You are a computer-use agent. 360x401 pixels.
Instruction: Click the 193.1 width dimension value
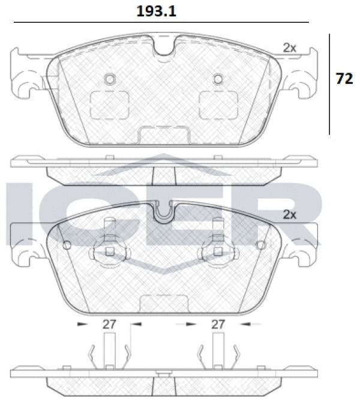[156, 11]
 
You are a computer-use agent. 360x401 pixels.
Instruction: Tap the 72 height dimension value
[344, 79]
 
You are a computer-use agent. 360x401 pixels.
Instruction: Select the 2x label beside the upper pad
[289, 48]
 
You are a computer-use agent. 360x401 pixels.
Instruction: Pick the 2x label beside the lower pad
[289, 215]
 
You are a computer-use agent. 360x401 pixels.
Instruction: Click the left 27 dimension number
[109, 324]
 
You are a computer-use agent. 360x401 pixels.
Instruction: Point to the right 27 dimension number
[218, 324]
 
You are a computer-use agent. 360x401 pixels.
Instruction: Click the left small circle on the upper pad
[110, 79]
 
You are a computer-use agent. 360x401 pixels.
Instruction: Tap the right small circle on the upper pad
[218, 79]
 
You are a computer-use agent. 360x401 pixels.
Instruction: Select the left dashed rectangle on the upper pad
[109, 105]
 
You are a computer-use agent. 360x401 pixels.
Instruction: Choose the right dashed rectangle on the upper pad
[218, 105]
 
